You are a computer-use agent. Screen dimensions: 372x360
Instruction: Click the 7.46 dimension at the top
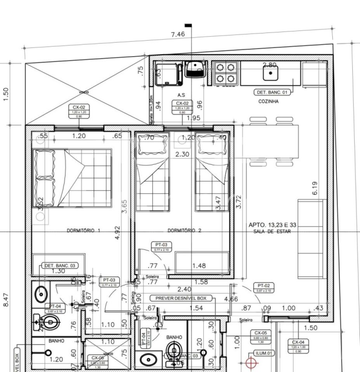pos(178,34)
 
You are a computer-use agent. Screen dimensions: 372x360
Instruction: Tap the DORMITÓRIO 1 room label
pos(84,231)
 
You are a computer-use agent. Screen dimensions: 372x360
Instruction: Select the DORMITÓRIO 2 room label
pos(184,231)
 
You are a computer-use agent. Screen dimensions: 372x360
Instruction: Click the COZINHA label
pos(268,102)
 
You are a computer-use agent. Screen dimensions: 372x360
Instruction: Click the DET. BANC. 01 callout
pos(272,92)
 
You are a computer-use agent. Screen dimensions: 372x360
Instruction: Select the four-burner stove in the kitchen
pos(225,73)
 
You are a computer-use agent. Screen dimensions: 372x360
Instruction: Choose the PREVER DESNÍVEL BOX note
pos(181,298)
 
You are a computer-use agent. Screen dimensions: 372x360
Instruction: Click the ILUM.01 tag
pos(264,353)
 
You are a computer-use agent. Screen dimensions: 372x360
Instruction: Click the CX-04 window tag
pos(301,344)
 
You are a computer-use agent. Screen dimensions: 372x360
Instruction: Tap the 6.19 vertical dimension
pos(315,188)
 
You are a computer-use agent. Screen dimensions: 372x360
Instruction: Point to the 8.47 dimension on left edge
pos(6,300)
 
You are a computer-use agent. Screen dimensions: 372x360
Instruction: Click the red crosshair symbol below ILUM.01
pos(252,363)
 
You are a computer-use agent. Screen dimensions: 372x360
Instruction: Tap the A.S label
pos(181,95)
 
